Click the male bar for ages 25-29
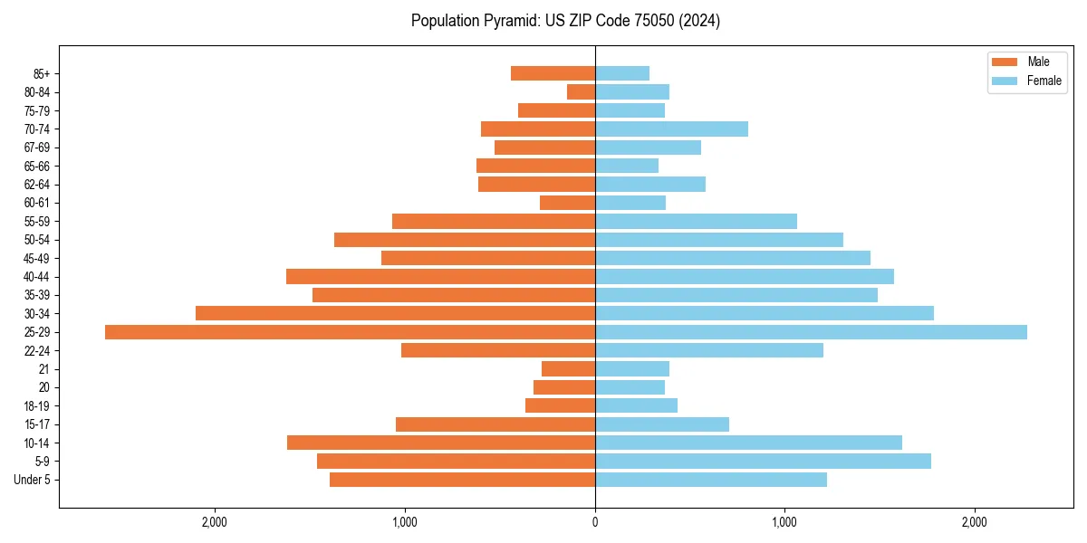pyautogui.click(x=350, y=332)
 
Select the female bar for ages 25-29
pyautogui.click(x=811, y=332)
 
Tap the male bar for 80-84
pyautogui.click(x=581, y=91)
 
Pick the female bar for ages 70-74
pyautogui.click(x=671, y=129)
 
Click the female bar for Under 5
pyautogui.click(x=710, y=480)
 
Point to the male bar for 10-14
pyautogui.click(x=441, y=443)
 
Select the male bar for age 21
pyautogui.click(x=568, y=369)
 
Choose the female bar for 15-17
pyautogui.click(x=662, y=424)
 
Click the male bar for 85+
pyautogui.click(x=553, y=73)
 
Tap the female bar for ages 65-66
pyautogui.click(x=627, y=166)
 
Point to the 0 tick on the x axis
pyautogui.click(x=595, y=522)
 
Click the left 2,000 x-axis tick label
pyautogui.click(x=215, y=522)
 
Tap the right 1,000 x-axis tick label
pyautogui.click(x=784, y=522)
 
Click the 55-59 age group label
pyautogui.click(x=37, y=222)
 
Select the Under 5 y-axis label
pyautogui.click(x=32, y=480)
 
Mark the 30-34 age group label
pyautogui.click(x=37, y=314)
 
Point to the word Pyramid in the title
pyautogui.click(x=508, y=21)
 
